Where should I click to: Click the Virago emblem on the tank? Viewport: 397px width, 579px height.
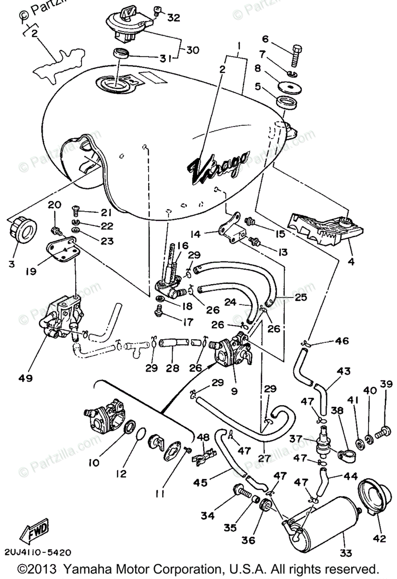tap(219, 167)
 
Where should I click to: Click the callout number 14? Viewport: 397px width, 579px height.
tap(209, 234)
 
